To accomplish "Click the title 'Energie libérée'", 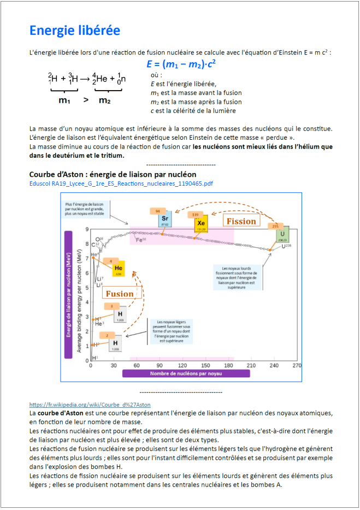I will [x=74, y=31].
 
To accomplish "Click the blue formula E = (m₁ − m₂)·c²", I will [x=181, y=64].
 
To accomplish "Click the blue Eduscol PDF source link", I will [x=121, y=183].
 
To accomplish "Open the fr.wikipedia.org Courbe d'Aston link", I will [x=90, y=405].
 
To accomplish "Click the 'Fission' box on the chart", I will [x=241, y=221].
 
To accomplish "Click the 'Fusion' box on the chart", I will [x=120, y=293].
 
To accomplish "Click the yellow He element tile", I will [x=119, y=269].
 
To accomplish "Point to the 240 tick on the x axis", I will [x=274, y=365].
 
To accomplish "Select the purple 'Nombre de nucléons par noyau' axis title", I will [x=186, y=373].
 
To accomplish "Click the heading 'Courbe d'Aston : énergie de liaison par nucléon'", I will [x=112, y=174].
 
